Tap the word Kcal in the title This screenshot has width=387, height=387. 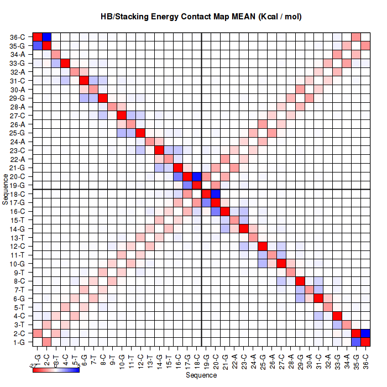pyautogui.click(x=266, y=17)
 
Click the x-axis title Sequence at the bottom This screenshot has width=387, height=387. pyautogui.click(x=201, y=375)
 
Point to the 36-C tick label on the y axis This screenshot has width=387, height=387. pyautogui.click(x=17, y=37)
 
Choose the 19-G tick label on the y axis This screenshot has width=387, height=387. pyautogui.click(x=17, y=185)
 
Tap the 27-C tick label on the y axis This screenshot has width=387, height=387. pyautogui.click(x=17, y=116)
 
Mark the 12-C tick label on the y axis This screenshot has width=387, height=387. pyautogui.click(x=17, y=246)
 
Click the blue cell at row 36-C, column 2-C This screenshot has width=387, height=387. pyautogui.click(x=47, y=37)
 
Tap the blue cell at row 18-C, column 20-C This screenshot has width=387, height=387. pyautogui.click(x=215, y=194)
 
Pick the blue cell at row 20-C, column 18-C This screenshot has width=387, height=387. pyautogui.click(x=196, y=176)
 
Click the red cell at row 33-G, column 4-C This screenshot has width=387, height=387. pyautogui.click(x=66, y=63)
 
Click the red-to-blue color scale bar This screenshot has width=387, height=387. pyautogui.click(x=56, y=369)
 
